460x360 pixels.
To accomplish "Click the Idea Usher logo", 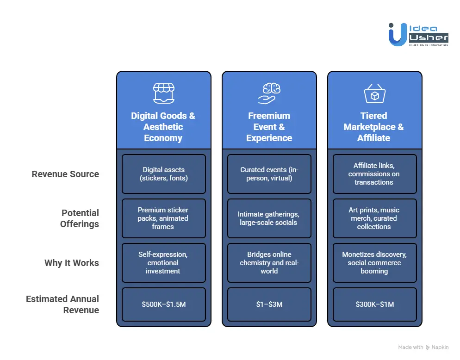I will (418, 34).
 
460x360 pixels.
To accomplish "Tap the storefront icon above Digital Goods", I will (163, 93).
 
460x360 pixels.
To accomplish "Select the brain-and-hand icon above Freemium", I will (269, 93).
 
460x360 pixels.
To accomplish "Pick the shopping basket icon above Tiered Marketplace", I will (374, 93).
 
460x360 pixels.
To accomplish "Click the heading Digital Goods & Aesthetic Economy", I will (163, 127).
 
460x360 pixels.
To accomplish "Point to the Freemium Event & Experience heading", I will (269, 127).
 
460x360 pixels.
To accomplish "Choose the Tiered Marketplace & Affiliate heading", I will (374, 127).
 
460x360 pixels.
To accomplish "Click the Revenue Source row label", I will (65, 174).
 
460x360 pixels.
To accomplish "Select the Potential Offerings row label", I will (80, 218).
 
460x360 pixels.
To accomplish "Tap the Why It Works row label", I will (72, 263).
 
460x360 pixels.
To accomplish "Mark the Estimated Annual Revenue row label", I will (62, 304).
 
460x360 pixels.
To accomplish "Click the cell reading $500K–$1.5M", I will (163, 304).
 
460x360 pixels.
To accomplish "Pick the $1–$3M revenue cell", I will (269, 304).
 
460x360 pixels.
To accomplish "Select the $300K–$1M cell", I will (374, 304).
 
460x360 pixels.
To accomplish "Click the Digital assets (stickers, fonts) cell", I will (163, 174).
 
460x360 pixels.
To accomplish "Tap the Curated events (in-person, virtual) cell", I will (269, 174).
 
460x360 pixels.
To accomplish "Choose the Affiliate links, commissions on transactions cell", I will (374, 174).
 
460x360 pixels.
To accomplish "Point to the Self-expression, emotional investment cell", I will (163, 263).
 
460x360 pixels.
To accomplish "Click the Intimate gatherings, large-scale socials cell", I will (269, 218).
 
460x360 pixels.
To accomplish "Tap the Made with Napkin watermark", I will (423, 347).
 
